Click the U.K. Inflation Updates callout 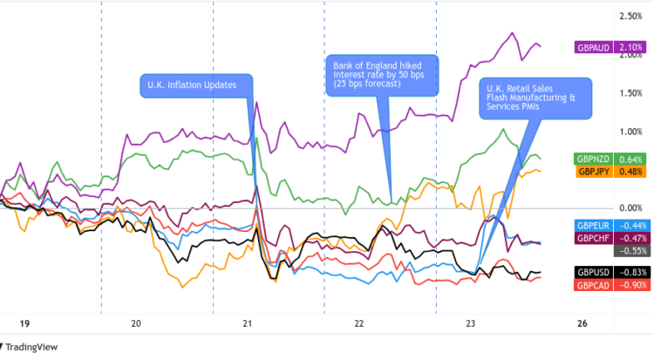point(195,85)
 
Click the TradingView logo point(33,347)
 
